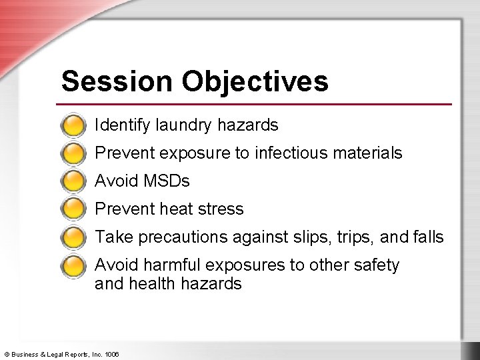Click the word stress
(222, 209)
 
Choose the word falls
(427, 237)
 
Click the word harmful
(169, 265)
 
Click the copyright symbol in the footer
(6, 353)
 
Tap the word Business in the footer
(25, 353)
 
